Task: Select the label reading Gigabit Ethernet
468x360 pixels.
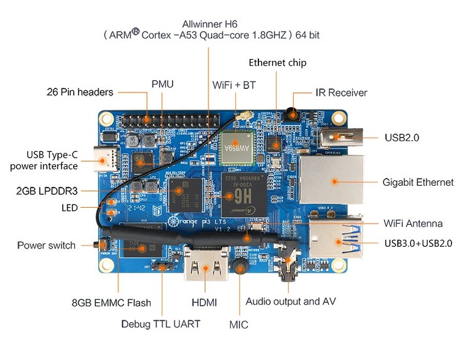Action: pos(417,182)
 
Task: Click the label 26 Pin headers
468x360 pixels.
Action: pos(80,92)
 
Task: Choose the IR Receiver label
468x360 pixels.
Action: pos(341,93)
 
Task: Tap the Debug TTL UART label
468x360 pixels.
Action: pos(160,323)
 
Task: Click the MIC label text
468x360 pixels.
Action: pos(239,325)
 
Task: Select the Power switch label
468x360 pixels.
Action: pos(46,245)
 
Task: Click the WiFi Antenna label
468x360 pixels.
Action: pos(413,224)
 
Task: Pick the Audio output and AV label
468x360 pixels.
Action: pos(291,302)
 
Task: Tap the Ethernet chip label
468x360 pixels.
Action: pos(277,63)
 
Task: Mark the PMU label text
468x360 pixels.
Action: pos(163,83)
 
